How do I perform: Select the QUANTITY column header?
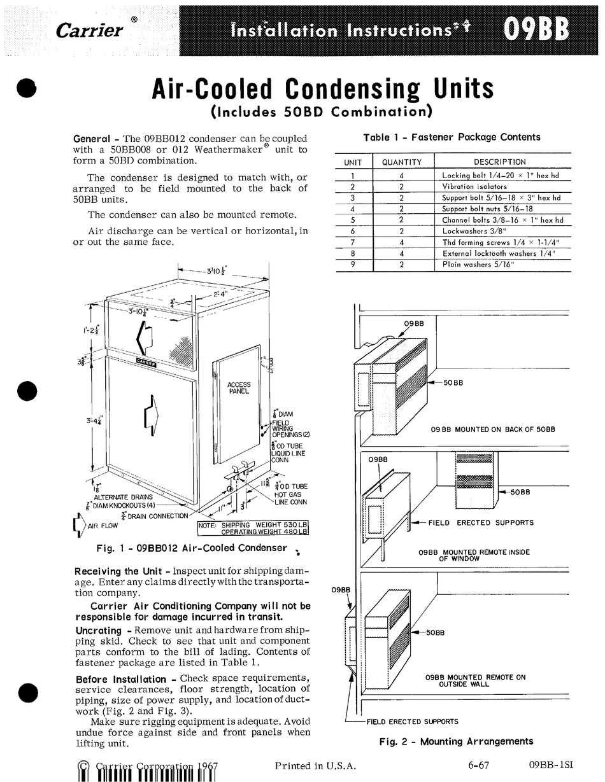click(x=402, y=162)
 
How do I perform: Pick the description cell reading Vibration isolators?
click(x=474, y=186)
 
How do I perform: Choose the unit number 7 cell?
click(x=352, y=242)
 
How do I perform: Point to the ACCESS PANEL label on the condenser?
click(x=239, y=388)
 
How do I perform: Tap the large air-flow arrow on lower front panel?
click(x=151, y=413)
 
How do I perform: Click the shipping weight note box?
click(x=253, y=528)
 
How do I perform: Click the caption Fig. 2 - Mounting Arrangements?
click(x=455, y=741)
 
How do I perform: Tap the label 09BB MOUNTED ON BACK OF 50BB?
click(x=492, y=429)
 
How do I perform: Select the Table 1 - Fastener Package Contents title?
click(x=452, y=137)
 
